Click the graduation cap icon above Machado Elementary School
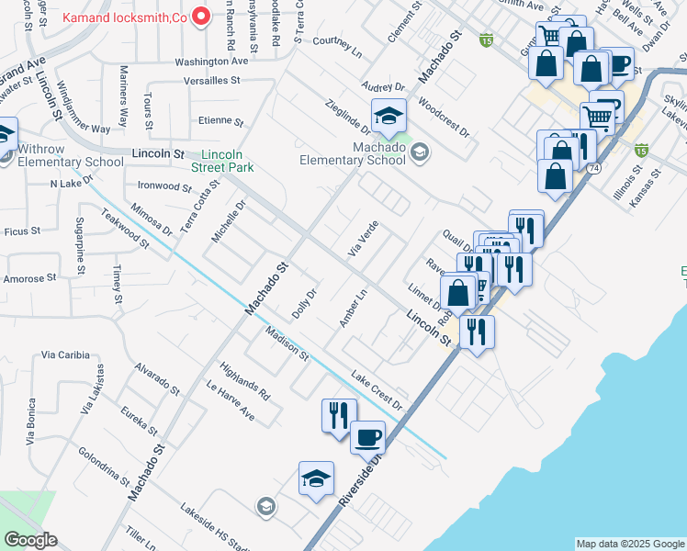point(389,115)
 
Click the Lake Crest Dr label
point(377,389)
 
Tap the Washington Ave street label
point(211,62)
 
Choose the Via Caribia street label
point(65,354)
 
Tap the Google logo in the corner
point(30,540)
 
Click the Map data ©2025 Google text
point(629,544)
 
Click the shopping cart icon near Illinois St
point(597,117)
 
